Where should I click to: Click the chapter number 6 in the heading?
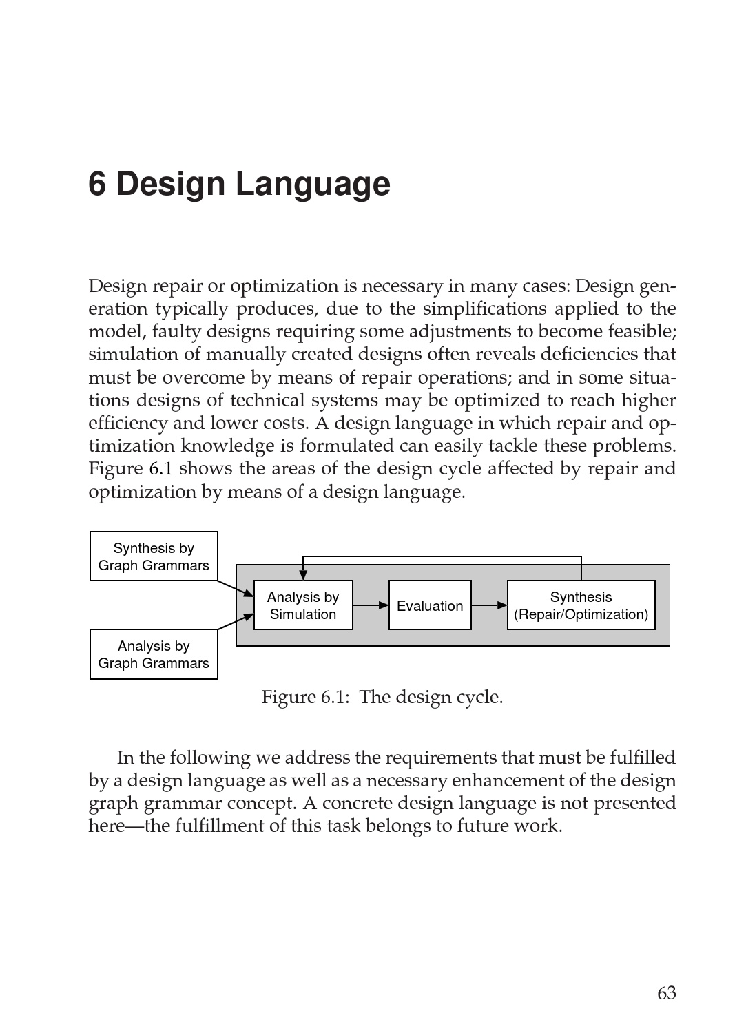tap(97, 184)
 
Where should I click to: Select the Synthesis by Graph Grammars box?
tap(154, 556)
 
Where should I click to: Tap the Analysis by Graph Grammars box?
tap(154, 654)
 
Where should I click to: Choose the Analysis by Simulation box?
tap(303, 605)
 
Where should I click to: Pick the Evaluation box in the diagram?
tap(430, 605)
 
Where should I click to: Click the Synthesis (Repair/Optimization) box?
tap(581, 605)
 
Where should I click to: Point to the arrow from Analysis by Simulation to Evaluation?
tap(371, 605)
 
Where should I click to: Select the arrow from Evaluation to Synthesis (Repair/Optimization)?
tap(489, 605)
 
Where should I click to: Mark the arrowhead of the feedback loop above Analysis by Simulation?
tap(303, 575)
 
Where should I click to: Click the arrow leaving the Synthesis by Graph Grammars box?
tap(236, 589)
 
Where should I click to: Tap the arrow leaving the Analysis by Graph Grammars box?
tap(236, 620)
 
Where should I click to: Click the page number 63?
tap(666, 993)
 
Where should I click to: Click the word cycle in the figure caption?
tap(479, 697)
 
